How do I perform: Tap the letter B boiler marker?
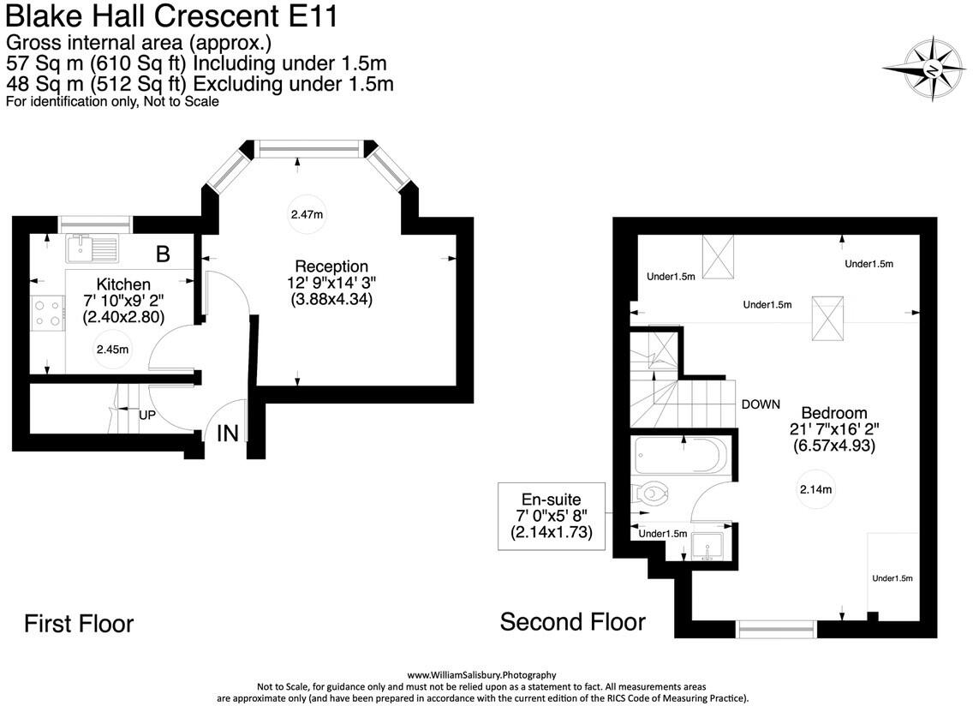click(163, 254)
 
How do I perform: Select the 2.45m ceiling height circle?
click(112, 349)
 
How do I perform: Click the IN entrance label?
click(227, 434)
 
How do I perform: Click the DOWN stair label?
click(761, 404)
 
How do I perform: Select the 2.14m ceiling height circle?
click(816, 489)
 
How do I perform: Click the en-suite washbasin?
click(707, 546)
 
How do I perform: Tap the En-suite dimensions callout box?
click(552, 516)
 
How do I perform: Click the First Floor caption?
click(78, 623)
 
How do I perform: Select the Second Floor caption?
click(572, 621)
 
